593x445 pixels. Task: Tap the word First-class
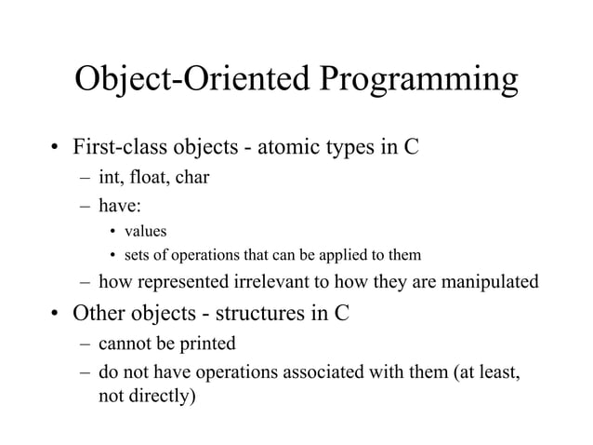coord(118,147)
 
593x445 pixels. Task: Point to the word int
coord(110,176)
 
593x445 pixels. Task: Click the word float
coord(148,176)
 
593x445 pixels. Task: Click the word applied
coord(343,254)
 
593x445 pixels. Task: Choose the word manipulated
coord(486,282)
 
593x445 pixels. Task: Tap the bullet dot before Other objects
coord(56,314)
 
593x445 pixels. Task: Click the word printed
coord(207,344)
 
